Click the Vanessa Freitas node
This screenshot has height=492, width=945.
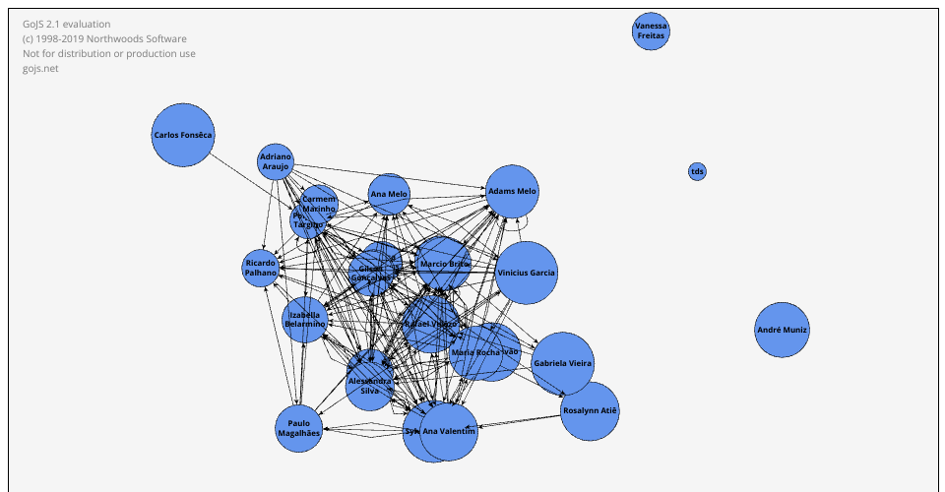[651, 31]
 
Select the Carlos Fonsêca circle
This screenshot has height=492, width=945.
[183, 135]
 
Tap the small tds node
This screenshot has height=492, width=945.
[697, 172]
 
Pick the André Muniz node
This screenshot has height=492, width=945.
[783, 331]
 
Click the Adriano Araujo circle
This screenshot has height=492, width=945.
[276, 161]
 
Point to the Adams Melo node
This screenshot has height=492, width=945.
[513, 191]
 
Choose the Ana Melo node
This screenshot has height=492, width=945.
[389, 194]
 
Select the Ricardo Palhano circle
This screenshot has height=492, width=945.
[261, 268]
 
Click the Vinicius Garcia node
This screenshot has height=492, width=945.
[527, 273]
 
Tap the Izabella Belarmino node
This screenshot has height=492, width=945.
[304, 320]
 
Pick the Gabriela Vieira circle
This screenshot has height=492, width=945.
[563, 363]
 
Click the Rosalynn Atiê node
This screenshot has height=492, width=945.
[590, 410]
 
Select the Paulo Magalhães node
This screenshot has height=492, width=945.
[298, 427]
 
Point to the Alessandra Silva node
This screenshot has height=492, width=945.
[370, 385]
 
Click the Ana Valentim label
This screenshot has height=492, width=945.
[449, 432]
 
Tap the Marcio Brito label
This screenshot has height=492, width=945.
[445, 265]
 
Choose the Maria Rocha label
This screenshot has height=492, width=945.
[475, 352]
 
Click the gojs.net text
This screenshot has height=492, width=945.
[40, 69]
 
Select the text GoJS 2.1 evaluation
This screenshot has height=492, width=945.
[67, 24]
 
